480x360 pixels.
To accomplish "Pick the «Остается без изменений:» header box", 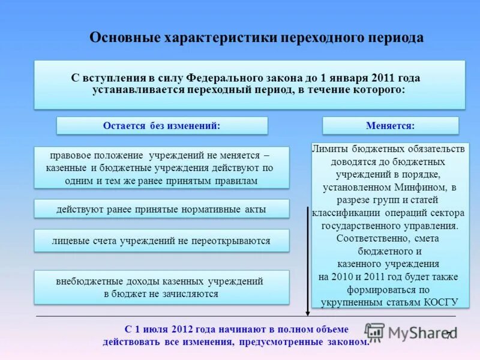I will (162, 126).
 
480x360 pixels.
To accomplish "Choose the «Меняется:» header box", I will (390, 126).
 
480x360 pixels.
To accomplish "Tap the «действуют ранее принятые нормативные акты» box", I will (161, 209).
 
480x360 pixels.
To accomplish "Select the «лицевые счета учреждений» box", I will (161, 241).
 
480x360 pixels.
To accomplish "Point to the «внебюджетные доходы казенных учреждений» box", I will (161, 287).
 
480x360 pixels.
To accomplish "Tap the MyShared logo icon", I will (375, 332).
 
